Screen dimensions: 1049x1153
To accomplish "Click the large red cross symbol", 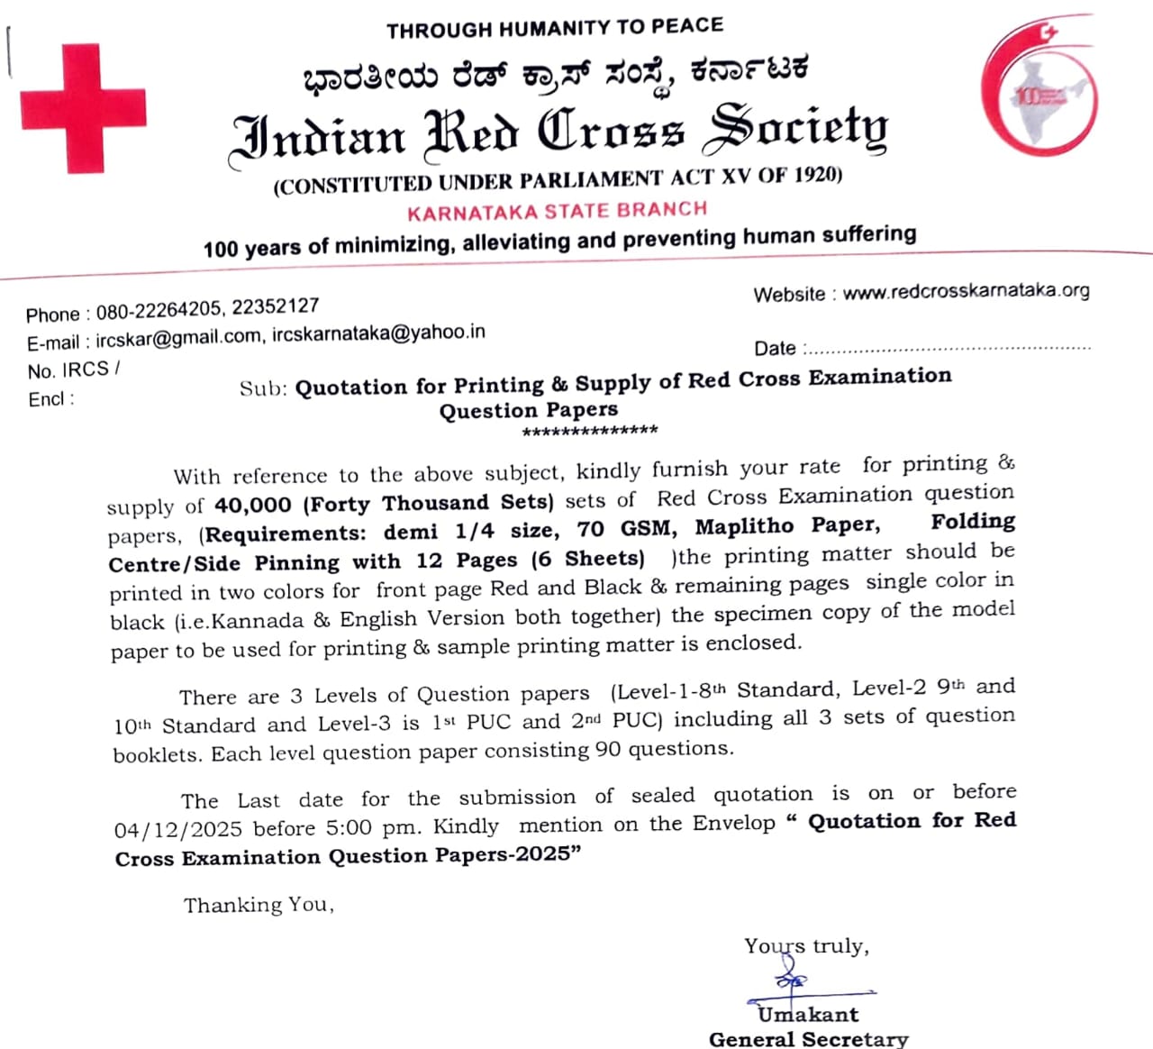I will [x=83, y=108].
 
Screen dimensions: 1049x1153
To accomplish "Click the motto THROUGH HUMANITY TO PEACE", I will [x=555, y=29].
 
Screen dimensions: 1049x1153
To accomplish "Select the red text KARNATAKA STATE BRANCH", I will [x=557, y=212].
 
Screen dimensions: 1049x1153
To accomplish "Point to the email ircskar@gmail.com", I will [x=178, y=340].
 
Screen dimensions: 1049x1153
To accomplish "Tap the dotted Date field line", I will [x=946, y=349].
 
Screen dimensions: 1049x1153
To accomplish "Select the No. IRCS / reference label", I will [x=73, y=370].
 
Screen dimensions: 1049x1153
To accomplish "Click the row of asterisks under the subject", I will [x=590, y=432].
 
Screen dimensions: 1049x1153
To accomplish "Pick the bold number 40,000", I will [x=253, y=505].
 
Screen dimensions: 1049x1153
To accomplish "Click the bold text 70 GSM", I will [x=625, y=528].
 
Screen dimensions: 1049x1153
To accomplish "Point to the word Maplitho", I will [x=744, y=526].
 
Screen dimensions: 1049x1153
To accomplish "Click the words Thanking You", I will [x=259, y=905].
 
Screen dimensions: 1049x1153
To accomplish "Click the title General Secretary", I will [x=808, y=1039].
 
